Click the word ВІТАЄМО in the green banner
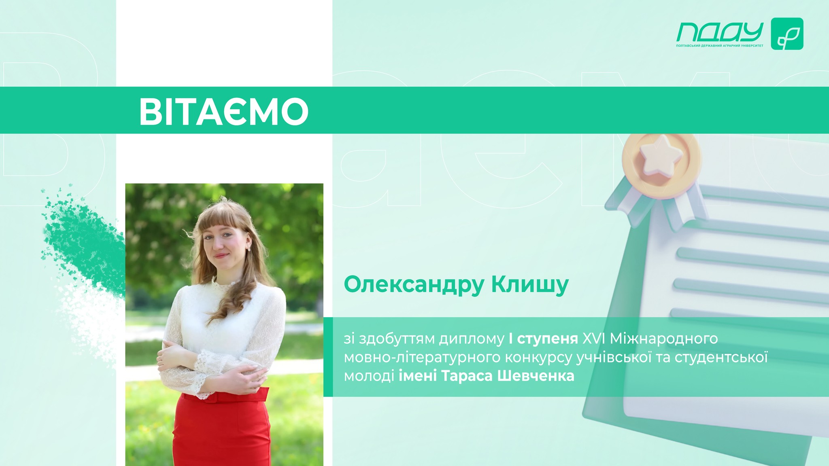click(x=224, y=111)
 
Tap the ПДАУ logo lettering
click(x=720, y=32)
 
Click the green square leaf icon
click(x=787, y=34)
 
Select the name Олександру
click(x=414, y=285)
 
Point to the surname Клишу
click(x=530, y=285)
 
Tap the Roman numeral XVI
click(x=593, y=338)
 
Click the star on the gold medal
click(x=661, y=156)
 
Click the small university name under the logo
click(x=719, y=46)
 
